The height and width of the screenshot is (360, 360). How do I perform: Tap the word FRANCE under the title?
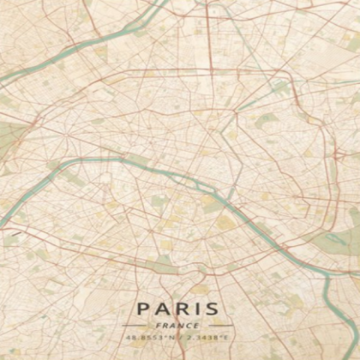179,325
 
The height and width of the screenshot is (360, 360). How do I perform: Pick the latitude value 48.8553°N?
153,339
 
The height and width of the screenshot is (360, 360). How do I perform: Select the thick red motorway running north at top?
208,34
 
